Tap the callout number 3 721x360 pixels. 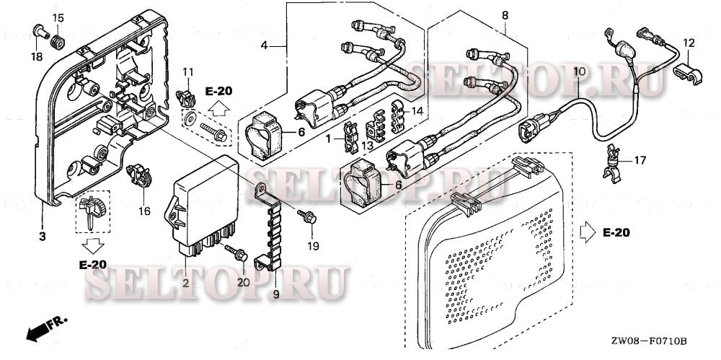click(x=42, y=237)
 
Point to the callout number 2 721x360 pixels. click(x=185, y=284)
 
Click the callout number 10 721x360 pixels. click(x=579, y=71)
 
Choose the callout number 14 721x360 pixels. click(x=415, y=111)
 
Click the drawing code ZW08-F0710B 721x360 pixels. click(x=648, y=341)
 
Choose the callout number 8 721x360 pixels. click(x=504, y=14)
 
